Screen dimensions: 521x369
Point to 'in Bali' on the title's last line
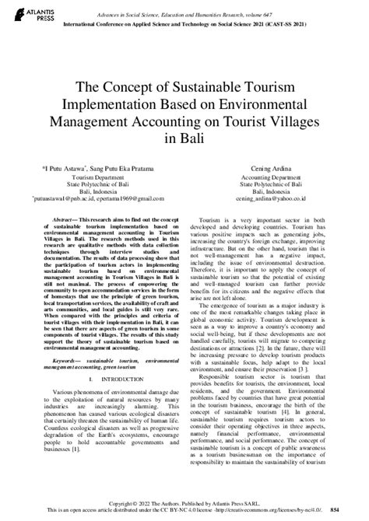tap(184, 139)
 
